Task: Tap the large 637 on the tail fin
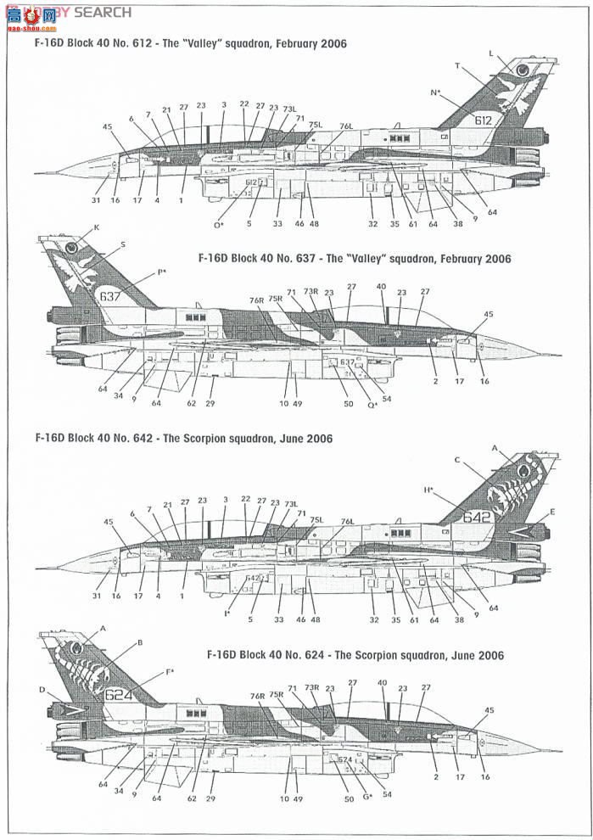pyautogui.click(x=110, y=296)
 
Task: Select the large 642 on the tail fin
pyautogui.click(x=478, y=516)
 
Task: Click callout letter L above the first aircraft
pyautogui.click(x=490, y=53)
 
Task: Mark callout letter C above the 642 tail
pyautogui.click(x=456, y=460)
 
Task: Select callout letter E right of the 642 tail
pyautogui.click(x=552, y=512)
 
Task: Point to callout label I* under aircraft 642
pyautogui.click(x=227, y=613)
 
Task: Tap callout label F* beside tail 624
pyautogui.click(x=170, y=672)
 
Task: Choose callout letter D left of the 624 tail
pyautogui.click(x=42, y=690)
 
